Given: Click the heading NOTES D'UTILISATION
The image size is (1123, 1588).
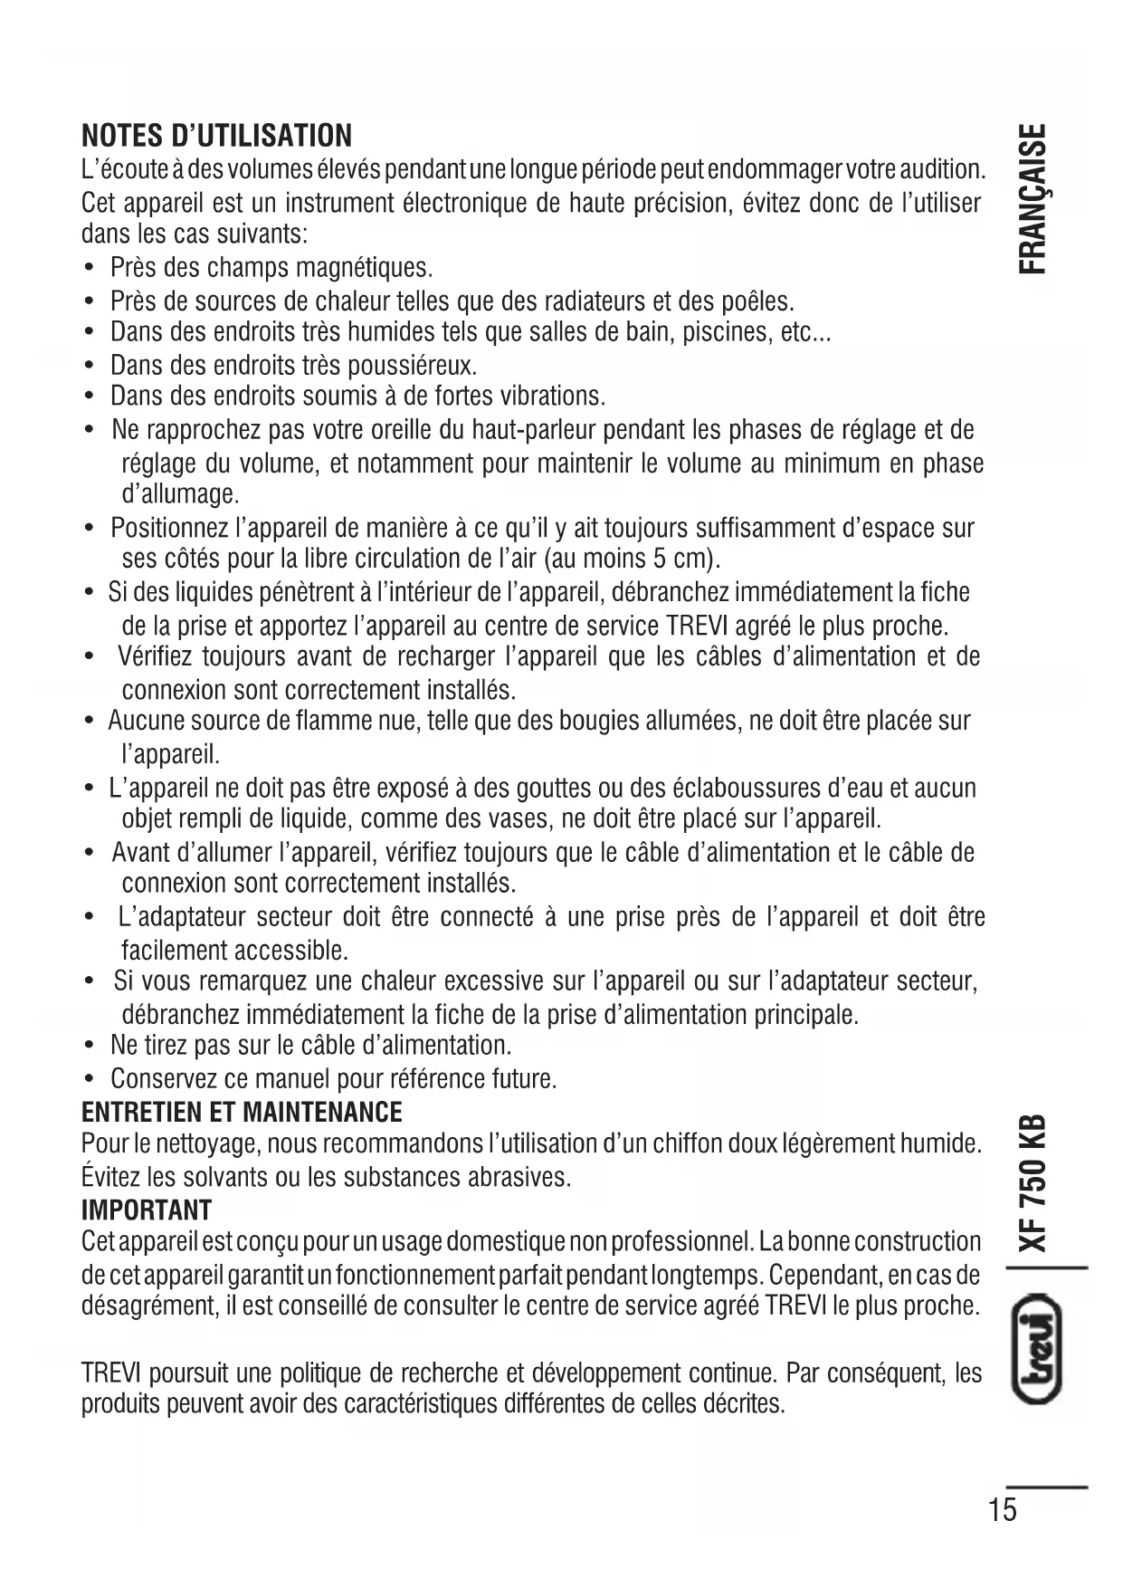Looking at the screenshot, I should tap(216, 136).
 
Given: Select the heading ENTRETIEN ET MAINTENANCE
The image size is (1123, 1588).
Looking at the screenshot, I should tap(242, 1111).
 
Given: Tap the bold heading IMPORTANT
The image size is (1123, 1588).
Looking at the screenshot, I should tap(147, 1210).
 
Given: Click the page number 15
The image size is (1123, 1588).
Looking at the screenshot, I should tap(1003, 1510).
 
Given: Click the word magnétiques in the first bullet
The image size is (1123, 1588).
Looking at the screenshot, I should tap(366, 268).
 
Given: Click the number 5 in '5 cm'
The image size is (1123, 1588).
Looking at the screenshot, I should tap(659, 559).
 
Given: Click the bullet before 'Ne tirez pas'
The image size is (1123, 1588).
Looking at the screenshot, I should tap(89, 1047).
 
